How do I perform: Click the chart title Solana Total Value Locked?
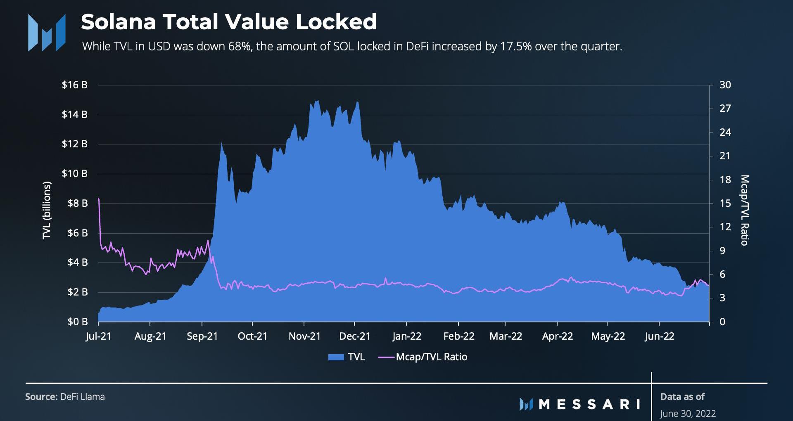coord(228,22)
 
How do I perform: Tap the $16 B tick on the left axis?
coord(74,85)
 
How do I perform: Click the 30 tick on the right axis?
coord(725,85)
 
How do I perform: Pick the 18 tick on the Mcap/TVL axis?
coord(725,180)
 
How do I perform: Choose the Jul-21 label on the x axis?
coord(98,336)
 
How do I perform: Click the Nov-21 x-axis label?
coord(304,336)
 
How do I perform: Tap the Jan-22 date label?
coord(406,336)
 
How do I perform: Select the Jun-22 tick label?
coord(659,336)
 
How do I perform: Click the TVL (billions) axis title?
coord(47,210)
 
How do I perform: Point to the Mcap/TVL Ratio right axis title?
coord(744,210)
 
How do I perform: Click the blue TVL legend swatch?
coord(336,357)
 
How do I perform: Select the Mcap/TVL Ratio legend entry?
coord(431,357)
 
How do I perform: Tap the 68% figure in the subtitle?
coord(240,46)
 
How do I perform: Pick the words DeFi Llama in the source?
coord(82,397)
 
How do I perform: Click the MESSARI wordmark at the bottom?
coord(589,404)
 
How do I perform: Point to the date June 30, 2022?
coord(688,414)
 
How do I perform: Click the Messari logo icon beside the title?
coord(46,32)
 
